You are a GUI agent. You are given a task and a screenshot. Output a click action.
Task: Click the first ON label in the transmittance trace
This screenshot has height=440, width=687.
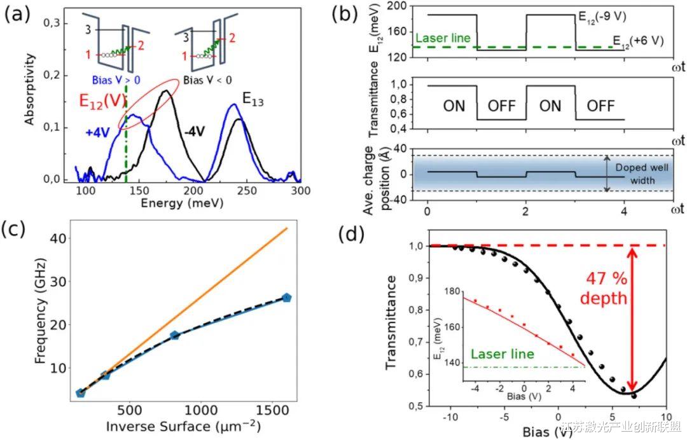454,106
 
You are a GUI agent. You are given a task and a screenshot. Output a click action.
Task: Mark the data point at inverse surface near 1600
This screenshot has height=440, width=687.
287,297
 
